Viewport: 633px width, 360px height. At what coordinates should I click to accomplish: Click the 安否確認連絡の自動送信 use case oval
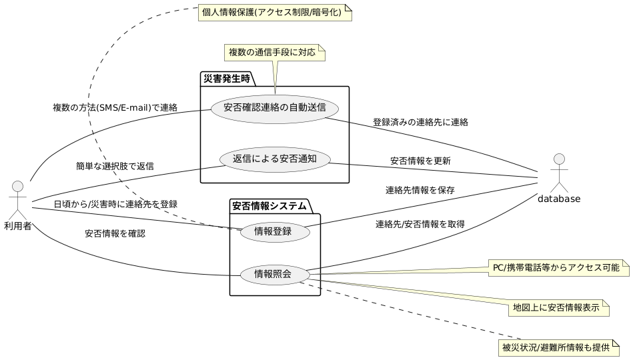click(275, 108)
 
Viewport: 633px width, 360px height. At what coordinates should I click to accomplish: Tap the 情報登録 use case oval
click(274, 233)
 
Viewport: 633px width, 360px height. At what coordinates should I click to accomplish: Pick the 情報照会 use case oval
click(274, 273)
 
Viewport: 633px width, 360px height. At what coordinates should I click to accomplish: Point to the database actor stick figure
click(560, 170)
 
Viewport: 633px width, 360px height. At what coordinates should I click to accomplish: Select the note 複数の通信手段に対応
click(272, 52)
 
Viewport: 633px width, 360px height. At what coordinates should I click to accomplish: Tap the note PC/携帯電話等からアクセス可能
click(556, 268)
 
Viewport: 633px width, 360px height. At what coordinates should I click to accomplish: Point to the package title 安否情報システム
click(269, 206)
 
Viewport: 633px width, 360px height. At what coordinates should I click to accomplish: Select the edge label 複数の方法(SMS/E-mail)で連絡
click(115, 107)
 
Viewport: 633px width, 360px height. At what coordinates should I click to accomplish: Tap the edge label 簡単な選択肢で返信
click(115, 165)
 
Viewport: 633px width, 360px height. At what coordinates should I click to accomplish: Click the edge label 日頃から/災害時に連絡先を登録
click(115, 203)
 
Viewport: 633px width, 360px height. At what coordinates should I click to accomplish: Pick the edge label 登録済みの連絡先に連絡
click(420, 122)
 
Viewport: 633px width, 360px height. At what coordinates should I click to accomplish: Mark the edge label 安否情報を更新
click(420, 161)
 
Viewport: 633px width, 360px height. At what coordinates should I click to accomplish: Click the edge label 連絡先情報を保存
click(420, 190)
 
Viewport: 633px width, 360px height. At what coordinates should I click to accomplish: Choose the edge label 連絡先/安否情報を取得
click(420, 223)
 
